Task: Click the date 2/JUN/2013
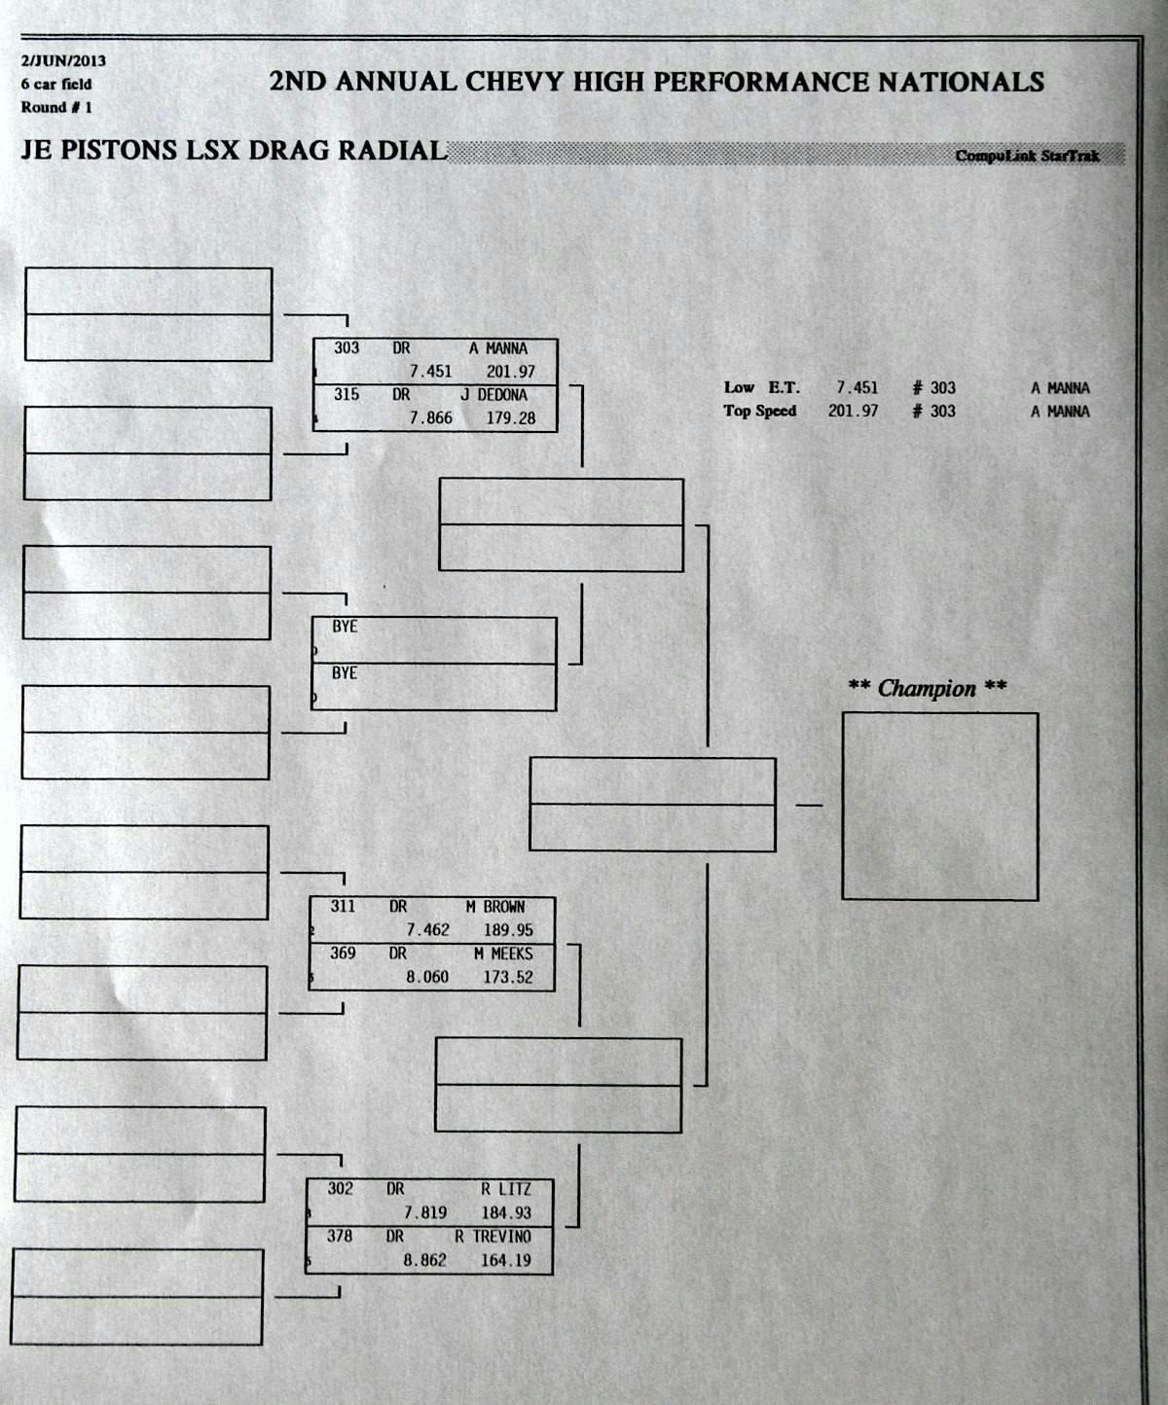tap(63, 60)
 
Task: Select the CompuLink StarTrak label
tap(1027, 156)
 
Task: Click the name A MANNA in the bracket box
tap(498, 348)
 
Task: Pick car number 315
tap(347, 394)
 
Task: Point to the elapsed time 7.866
tap(430, 417)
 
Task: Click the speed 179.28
tap(511, 417)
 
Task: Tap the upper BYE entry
tap(345, 627)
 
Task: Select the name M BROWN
tap(494, 907)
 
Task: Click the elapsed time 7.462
tap(427, 930)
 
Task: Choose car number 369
tap(343, 954)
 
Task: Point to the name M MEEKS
tap(503, 954)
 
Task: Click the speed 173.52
tap(508, 977)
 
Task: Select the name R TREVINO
tap(493, 1237)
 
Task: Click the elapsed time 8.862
tap(425, 1260)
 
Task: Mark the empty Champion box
tap(939, 806)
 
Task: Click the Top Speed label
tap(759, 411)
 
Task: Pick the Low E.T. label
tap(761, 387)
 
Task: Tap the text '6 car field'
tap(56, 85)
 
